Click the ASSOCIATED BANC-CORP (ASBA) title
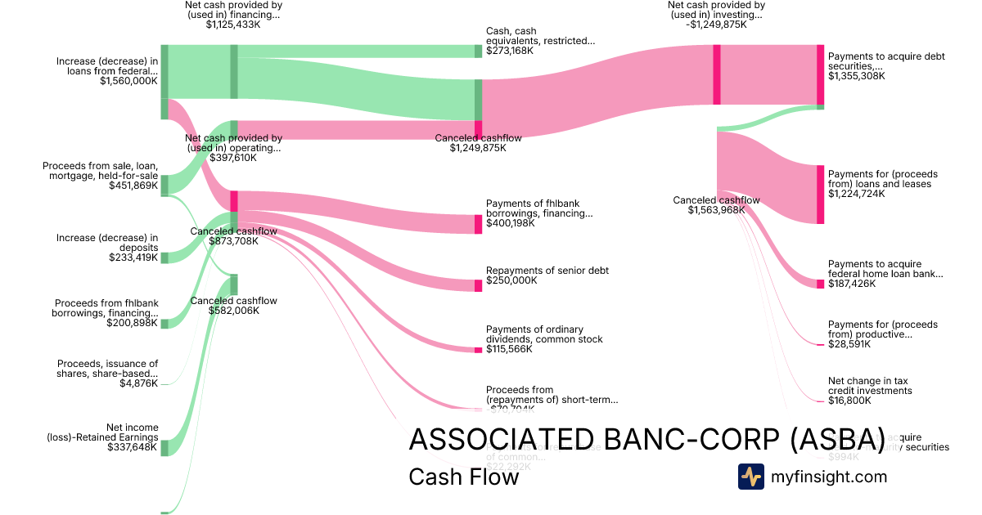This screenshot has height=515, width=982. [646, 439]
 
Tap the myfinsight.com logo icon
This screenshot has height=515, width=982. [750, 477]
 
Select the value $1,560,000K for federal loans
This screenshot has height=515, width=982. [128, 81]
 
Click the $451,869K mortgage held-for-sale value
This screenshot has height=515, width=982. [133, 186]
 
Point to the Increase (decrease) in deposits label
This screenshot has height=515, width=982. [107, 243]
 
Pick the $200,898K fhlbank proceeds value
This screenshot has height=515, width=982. [132, 323]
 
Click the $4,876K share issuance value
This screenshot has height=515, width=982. [138, 383]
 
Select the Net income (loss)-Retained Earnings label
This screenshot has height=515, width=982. [102, 432]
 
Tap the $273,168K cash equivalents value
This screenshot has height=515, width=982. [509, 51]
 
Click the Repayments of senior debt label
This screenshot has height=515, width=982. [547, 271]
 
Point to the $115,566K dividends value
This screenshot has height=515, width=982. [509, 349]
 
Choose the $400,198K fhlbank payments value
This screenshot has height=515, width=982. [511, 223]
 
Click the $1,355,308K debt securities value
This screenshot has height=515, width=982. [856, 76]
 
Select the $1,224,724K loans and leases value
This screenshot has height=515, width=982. [856, 194]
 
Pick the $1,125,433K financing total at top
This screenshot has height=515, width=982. [233, 25]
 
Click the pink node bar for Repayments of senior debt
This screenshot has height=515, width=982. [478, 285]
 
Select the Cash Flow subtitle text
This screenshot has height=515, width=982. [463, 477]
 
